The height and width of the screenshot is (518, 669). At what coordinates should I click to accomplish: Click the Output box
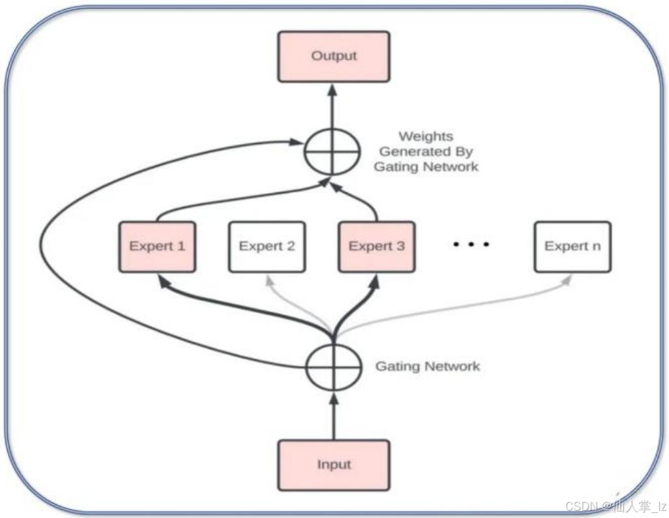(x=333, y=56)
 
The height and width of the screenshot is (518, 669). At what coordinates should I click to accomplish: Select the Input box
(x=333, y=465)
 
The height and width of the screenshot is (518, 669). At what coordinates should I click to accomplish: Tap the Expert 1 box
(x=157, y=246)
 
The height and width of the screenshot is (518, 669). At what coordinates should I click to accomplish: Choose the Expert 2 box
(x=267, y=246)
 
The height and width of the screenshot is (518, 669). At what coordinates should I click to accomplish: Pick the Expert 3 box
(x=376, y=246)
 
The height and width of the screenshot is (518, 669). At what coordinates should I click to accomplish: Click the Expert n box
(x=572, y=246)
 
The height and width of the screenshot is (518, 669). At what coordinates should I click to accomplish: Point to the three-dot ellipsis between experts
(x=471, y=245)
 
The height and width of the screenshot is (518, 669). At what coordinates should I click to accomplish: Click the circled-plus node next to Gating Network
(x=333, y=366)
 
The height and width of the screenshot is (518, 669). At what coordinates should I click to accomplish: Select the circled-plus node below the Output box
(x=333, y=151)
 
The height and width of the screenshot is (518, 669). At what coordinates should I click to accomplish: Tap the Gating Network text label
(x=427, y=366)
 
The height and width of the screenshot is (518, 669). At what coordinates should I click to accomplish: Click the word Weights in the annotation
(x=426, y=137)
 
